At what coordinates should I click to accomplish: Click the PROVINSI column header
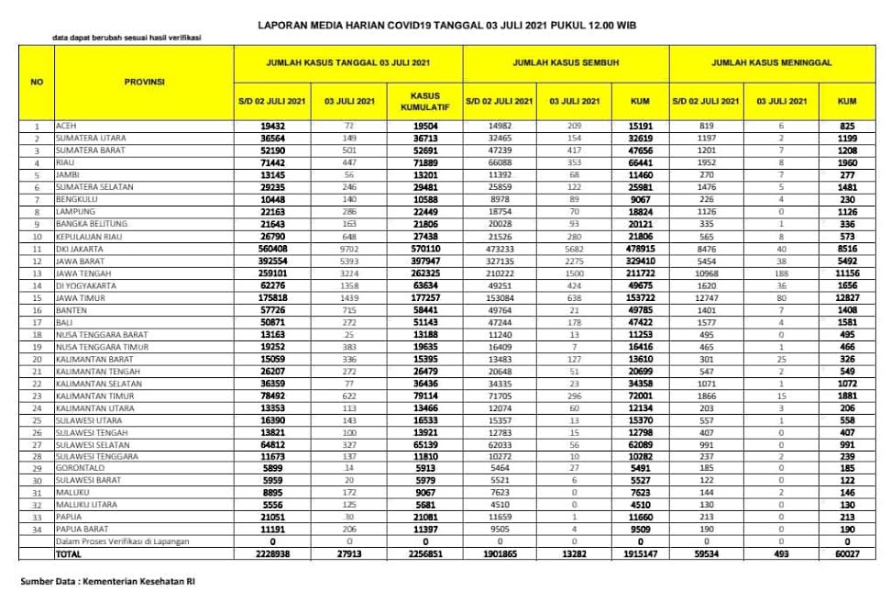[x=144, y=82]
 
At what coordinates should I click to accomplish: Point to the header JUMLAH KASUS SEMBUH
[x=566, y=63]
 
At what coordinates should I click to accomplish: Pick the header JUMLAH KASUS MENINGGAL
[x=772, y=63]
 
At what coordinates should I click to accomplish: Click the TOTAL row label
[x=69, y=554]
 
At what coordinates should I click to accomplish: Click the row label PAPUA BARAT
[x=79, y=530]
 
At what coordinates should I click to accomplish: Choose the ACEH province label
[x=66, y=125]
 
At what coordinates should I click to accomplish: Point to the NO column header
[x=37, y=82]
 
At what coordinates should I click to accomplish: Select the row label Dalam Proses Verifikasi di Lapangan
[x=123, y=541]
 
